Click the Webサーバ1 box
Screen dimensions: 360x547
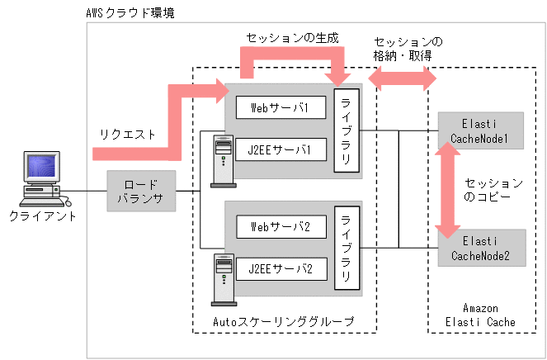tap(279, 107)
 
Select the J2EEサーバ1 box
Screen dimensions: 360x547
tap(279, 151)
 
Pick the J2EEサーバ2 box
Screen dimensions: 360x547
tap(279, 268)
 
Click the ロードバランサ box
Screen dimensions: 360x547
tap(140, 191)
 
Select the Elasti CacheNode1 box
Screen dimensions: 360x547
tap(480, 130)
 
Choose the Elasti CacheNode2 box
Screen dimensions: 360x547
tap(480, 247)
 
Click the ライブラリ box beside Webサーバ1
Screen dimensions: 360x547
tap(347, 130)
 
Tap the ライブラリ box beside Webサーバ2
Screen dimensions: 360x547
tap(347, 248)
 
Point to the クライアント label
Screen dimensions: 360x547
tap(42, 216)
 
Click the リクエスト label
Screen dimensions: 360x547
tap(127, 134)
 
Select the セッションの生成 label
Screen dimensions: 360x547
tap(292, 39)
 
